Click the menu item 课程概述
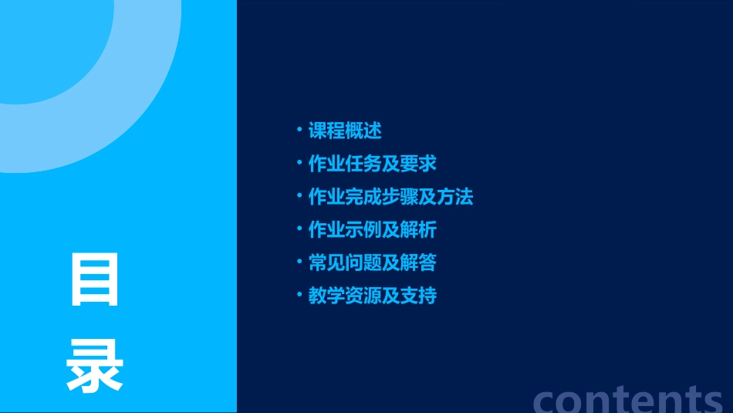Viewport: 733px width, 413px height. point(345,130)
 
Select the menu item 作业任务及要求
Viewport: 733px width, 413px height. point(373,164)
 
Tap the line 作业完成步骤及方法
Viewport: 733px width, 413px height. point(390,197)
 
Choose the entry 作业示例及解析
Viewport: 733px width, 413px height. point(373,230)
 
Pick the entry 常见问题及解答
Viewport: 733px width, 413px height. point(373,263)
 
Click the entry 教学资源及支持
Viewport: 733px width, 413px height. point(373,296)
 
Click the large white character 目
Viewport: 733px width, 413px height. point(94,279)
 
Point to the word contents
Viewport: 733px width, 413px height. point(628,398)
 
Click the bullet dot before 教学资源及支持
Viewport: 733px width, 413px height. point(299,295)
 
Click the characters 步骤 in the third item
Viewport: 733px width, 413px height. point(400,197)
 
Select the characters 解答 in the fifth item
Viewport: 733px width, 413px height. point(418,263)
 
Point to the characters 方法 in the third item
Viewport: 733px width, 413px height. point(455,197)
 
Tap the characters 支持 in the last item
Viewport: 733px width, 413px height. point(418,296)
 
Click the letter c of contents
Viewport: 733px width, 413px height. point(546,400)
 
